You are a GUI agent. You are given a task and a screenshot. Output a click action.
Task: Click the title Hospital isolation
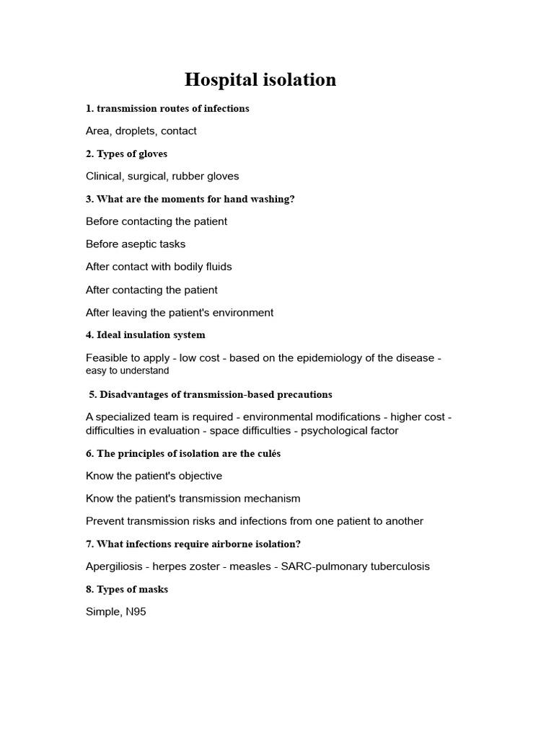click(260, 79)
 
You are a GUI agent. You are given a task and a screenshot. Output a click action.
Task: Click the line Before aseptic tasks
click(136, 244)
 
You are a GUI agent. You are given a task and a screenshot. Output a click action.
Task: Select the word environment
click(240, 313)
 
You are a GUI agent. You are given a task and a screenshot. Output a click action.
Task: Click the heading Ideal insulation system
click(145, 335)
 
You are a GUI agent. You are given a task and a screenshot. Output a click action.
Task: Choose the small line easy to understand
click(127, 371)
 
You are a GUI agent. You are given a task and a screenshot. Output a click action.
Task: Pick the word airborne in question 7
click(225, 544)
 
